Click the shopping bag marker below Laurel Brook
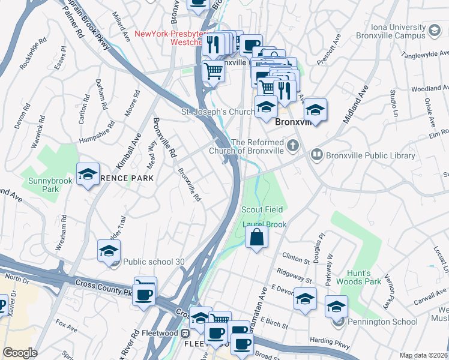click(x=256, y=237)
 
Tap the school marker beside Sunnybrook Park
click(x=88, y=175)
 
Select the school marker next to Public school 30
click(x=109, y=251)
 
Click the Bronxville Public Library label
click(x=362, y=155)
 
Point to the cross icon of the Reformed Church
click(x=292, y=145)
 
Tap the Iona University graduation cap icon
click(x=433, y=29)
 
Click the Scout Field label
click(x=262, y=209)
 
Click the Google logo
click(x=20, y=353)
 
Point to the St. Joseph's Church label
click(x=218, y=112)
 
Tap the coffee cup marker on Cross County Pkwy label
click(x=144, y=294)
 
